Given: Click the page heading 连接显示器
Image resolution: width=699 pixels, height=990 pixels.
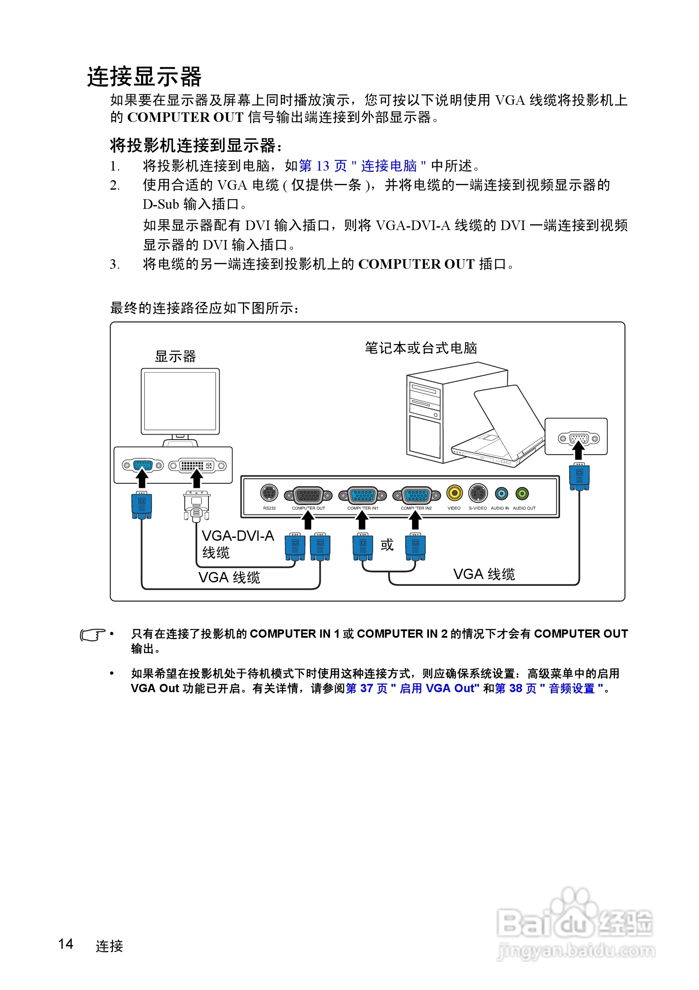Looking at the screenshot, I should (144, 77).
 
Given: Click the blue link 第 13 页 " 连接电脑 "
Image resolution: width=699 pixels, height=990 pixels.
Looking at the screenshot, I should (362, 166).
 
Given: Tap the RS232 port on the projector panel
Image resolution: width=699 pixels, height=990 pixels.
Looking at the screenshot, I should (269, 493).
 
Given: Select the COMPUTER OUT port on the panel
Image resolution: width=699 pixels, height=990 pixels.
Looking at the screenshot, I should (308, 495).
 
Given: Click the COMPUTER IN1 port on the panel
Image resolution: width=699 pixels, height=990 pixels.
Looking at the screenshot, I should (363, 495).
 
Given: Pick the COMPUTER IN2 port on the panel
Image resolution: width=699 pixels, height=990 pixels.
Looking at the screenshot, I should (416, 495).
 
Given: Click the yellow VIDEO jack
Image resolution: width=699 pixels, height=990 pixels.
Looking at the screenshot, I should (454, 493).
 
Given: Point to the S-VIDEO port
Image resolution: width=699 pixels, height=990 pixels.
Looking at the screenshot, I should (478, 493).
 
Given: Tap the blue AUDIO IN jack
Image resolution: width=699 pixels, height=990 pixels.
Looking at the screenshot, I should (501, 493).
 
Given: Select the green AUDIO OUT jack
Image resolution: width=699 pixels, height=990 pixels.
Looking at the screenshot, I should (522, 493).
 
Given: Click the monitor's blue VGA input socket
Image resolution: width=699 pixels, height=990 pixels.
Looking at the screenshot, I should (142, 465).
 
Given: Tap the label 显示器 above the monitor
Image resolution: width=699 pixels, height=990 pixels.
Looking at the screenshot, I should (175, 356).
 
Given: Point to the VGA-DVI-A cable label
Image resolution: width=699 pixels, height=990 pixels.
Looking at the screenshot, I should (238, 543).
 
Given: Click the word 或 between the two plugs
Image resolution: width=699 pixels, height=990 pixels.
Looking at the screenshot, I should (387, 545).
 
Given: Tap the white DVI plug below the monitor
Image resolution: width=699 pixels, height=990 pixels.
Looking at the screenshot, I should (196, 506).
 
